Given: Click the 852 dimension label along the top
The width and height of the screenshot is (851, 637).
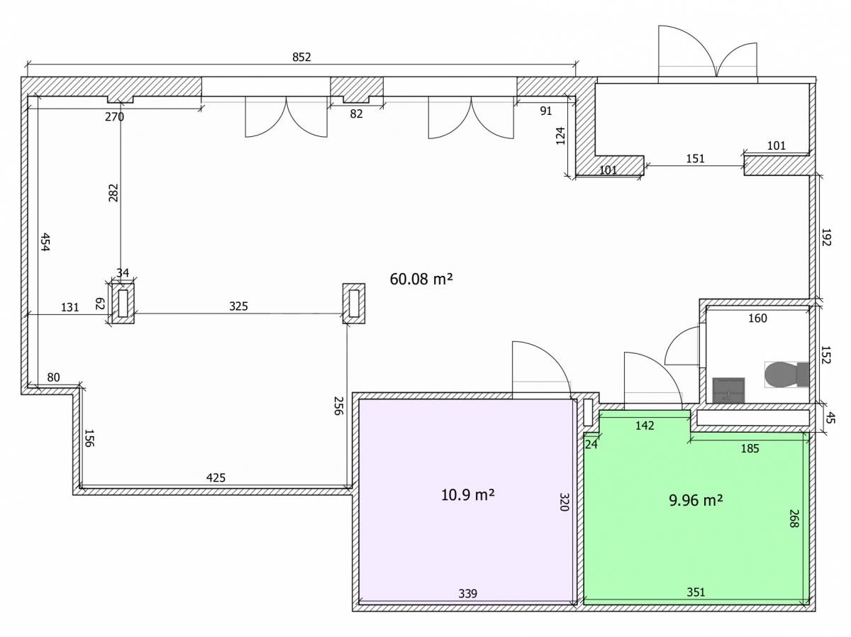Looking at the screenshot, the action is click(x=301, y=57).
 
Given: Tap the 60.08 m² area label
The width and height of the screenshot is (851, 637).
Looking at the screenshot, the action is click(x=421, y=279).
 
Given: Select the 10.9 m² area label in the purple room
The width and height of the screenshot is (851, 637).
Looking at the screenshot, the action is click(x=467, y=494).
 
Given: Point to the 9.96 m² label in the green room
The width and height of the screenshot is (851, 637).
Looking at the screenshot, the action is click(x=696, y=500).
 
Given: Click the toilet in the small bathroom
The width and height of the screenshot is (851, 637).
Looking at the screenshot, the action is click(x=786, y=375).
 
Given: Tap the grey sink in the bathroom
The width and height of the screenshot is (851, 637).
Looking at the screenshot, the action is click(x=728, y=390).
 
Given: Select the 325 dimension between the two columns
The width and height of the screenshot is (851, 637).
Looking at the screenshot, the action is click(x=238, y=306).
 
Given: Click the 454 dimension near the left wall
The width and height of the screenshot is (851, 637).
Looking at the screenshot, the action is click(x=45, y=242).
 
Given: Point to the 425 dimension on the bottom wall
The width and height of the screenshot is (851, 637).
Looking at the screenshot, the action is click(x=216, y=477).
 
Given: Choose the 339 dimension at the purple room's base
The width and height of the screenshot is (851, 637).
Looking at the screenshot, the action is click(x=467, y=594).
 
